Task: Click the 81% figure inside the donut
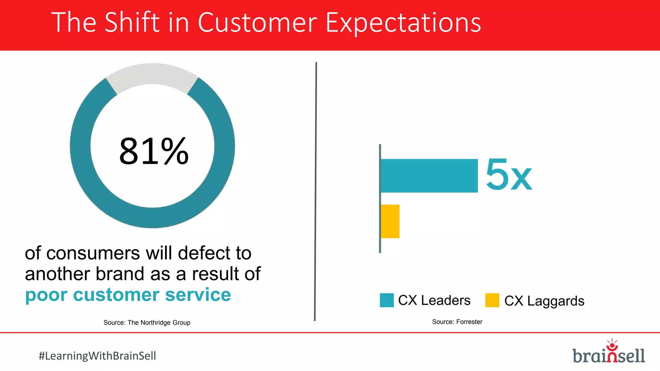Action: tap(154, 151)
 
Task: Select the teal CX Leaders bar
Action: tap(429, 176)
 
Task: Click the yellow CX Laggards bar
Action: tap(390, 222)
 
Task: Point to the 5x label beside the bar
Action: tap(509, 175)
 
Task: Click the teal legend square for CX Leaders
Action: tap(387, 300)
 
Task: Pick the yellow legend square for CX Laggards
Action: tap(492, 300)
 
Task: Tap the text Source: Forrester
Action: tap(457, 322)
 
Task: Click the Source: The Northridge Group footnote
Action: tap(147, 323)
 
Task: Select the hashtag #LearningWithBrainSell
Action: tap(97, 356)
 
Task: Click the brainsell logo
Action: tap(608, 353)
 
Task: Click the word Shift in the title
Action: tap(132, 23)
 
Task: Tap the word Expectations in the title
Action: tap(403, 23)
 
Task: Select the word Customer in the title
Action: tap(257, 23)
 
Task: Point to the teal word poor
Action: tap(46, 295)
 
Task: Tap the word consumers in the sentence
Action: tap(93, 253)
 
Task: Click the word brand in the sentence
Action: tap(120, 274)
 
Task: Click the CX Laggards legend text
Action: tap(544, 301)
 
